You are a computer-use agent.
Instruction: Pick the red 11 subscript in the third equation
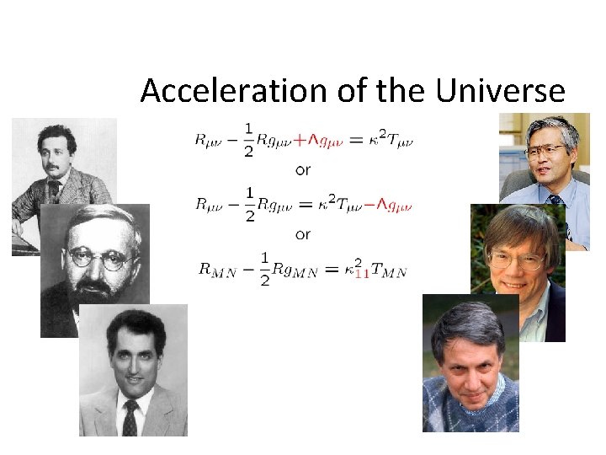361,273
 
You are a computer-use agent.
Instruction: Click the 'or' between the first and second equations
303,170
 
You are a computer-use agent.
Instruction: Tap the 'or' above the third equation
303,234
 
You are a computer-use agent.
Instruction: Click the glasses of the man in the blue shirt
545,153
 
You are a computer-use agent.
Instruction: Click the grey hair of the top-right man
551,128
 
